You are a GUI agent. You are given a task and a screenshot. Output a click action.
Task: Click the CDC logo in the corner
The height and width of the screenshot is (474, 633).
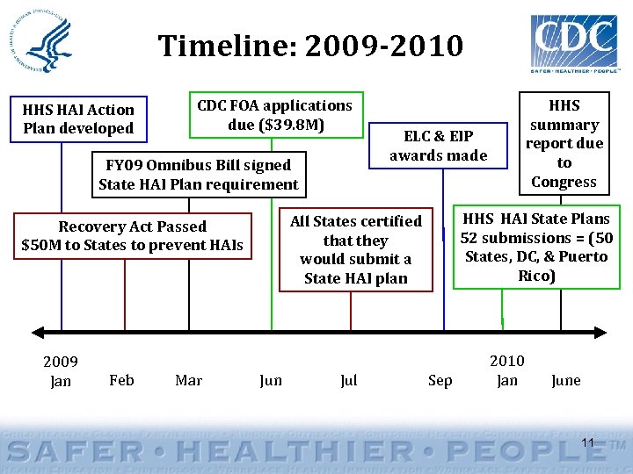pos(574,42)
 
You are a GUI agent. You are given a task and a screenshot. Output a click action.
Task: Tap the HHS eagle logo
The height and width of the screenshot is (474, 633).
pos(49,41)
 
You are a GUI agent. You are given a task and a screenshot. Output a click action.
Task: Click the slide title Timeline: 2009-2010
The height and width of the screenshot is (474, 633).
pos(310,45)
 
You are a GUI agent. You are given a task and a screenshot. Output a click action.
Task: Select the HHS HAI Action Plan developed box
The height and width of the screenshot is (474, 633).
pos(78,118)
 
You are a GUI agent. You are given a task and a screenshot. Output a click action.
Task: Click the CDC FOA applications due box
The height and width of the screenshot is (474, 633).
pos(275,115)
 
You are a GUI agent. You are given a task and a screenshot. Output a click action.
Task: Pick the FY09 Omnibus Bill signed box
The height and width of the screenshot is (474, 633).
pos(199,175)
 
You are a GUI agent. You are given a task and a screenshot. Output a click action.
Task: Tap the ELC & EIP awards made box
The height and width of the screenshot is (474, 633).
pos(439,146)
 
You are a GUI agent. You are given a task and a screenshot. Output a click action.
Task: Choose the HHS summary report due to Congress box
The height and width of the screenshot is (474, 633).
pos(564,143)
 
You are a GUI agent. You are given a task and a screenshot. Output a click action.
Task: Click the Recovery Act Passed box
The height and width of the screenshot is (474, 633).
pos(132,235)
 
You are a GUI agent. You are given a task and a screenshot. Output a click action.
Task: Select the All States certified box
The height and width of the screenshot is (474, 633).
pos(356,249)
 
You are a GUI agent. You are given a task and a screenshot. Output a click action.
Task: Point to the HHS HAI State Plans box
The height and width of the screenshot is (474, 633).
pos(536,247)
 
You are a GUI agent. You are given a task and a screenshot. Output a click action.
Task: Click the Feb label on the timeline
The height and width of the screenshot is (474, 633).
pos(121,380)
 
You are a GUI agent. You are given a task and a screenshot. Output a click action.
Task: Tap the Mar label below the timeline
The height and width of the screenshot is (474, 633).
pos(188,380)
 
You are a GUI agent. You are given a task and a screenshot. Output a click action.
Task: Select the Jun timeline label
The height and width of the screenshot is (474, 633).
pos(271,381)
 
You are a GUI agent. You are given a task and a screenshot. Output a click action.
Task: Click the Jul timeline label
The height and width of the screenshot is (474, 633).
pos(348,381)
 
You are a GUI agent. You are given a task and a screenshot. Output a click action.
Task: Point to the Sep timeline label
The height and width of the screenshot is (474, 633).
pos(440,380)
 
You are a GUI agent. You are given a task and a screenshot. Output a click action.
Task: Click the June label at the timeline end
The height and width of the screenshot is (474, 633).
pos(565,380)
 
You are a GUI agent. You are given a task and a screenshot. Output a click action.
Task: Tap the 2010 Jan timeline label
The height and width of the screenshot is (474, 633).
pos(506,370)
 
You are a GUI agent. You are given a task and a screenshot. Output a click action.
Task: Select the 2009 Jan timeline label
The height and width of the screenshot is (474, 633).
pos(61,371)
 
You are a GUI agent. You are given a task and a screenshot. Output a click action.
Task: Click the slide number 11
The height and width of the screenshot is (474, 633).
pos(588,442)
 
